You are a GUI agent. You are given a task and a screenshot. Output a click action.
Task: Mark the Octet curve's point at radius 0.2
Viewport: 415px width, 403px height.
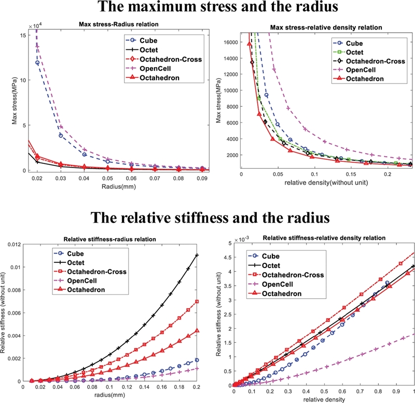point(196,255)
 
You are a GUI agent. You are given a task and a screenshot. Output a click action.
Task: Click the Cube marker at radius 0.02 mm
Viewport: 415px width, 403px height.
point(37,63)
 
